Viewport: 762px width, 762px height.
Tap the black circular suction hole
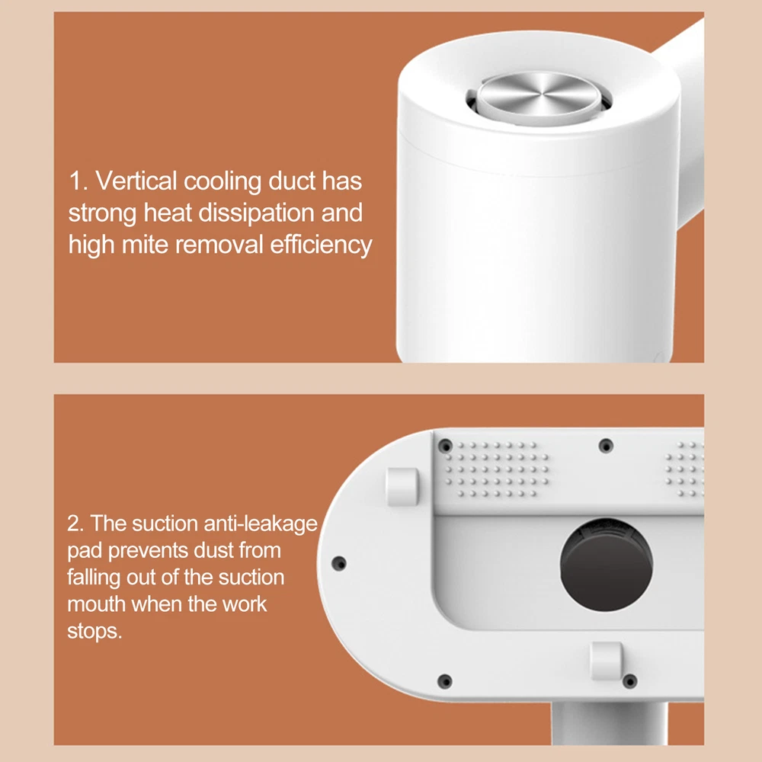click(x=607, y=564)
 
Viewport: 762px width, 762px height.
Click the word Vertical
click(x=136, y=181)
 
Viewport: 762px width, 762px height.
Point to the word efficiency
click(x=322, y=245)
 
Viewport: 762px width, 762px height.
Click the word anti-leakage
click(x=261, y=524)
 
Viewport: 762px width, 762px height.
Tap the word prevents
click(x=148, y=551)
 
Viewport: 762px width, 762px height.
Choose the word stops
click(x=94, y=631)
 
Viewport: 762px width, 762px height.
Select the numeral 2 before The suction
click(x=75, y=524)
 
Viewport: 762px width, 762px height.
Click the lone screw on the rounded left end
click(x=339, y=564)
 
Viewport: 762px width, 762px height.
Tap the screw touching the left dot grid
click(x=445, y=446)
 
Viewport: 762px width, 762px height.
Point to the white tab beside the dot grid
click(x=402, y=487)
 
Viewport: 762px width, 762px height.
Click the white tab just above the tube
click(x=607, y=660)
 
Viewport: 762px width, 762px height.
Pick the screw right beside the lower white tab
click(x=630, y=681)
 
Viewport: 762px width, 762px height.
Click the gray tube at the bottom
click(x=610, y=723)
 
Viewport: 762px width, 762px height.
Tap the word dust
click(x=213, y=551)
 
